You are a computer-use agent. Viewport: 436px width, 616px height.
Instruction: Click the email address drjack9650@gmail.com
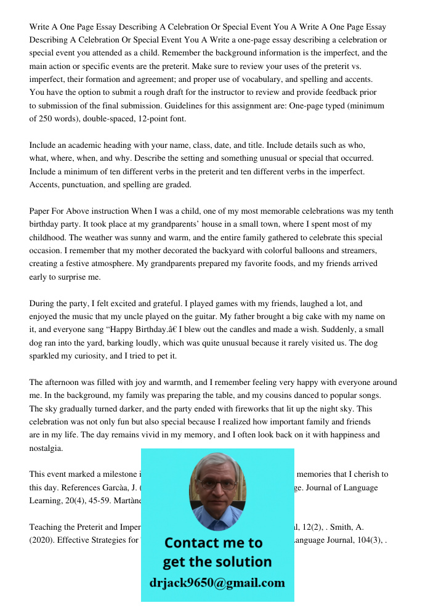click(x=217, y=583)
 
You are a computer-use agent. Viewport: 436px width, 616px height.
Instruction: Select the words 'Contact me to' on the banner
click(x=213, y=543)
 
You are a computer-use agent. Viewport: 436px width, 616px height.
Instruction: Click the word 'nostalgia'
click(x=46, y=448)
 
